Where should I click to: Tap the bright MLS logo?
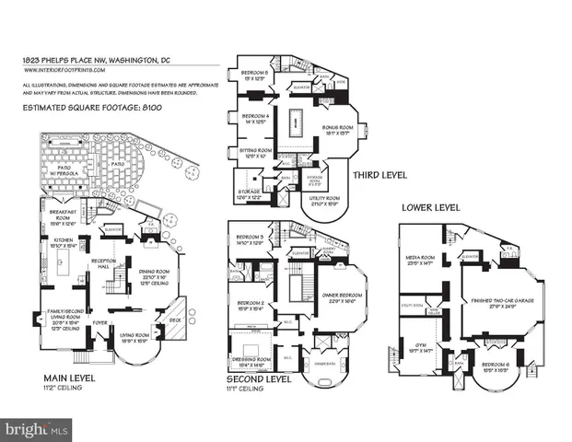(37, 427)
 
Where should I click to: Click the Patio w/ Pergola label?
(67, 169)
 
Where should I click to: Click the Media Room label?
(423, 259)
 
